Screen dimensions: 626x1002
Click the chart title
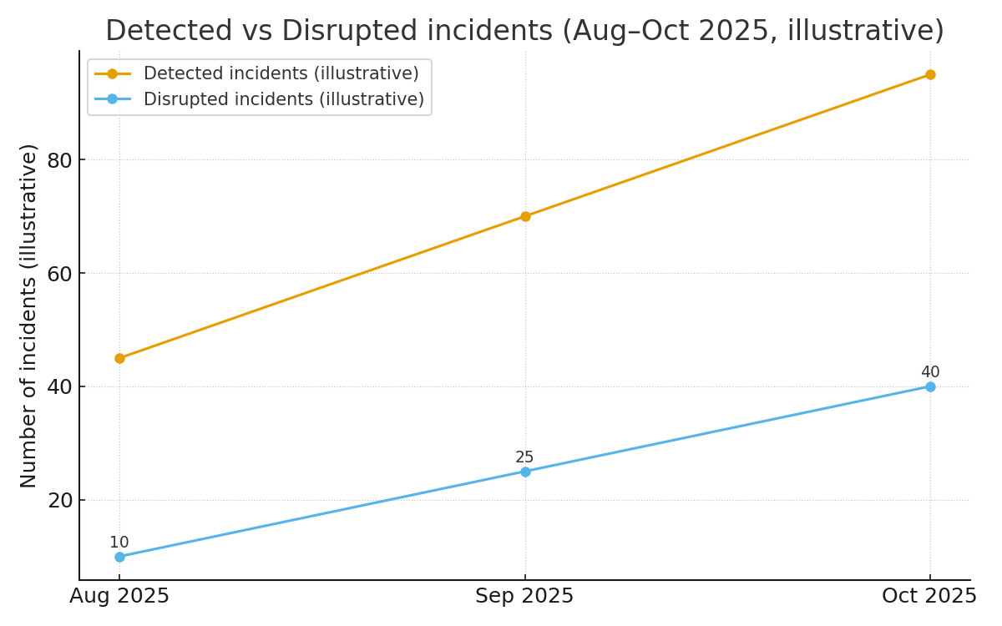coord(524,31)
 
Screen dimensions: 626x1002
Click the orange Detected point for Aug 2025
coord(119,358)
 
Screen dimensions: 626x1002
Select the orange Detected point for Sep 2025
coord(525,216)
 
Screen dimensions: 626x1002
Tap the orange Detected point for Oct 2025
coord(930,74)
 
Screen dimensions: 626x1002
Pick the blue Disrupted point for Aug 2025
coord(119,557)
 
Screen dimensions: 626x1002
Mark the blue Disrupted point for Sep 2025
coord(525,472)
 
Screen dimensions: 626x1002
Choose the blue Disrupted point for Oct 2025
coord(930,386)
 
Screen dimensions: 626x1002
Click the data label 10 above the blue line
coord(119,543)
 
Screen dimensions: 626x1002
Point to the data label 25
coord(524,457)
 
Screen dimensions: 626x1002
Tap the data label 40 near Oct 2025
coord(930,372)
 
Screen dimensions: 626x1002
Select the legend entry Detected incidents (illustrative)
coord(281,73)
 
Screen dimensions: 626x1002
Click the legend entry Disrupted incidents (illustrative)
coord(283,99)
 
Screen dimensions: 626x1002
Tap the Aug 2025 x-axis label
coord(119,596)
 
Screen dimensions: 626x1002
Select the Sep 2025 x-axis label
coord(524,596)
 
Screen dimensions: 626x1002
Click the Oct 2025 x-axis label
coord(929,596)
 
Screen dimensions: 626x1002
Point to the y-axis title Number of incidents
coord(29,316)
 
